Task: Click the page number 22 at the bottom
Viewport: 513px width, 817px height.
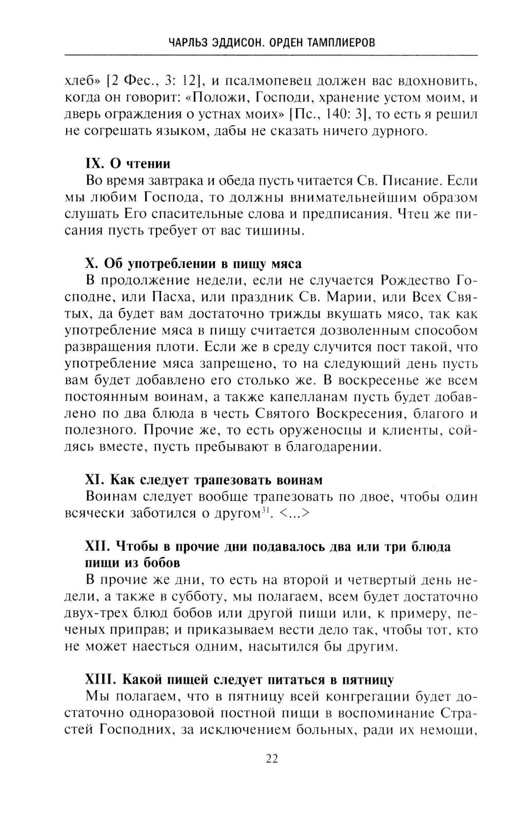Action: tap(272, 758)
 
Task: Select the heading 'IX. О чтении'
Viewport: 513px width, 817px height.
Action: tap(127, 164)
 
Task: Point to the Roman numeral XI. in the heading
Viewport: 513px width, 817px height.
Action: tap(95, 480)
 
